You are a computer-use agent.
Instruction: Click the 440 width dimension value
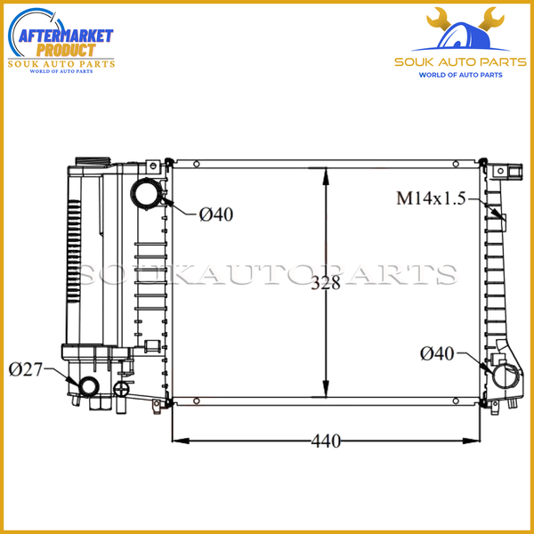click(326, 441)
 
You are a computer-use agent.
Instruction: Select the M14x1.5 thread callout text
click(431, 198)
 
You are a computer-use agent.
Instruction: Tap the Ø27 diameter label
click(26, 368)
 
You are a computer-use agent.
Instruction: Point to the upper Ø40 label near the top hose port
click(216, 214)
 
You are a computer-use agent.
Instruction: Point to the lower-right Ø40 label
click(437, 354)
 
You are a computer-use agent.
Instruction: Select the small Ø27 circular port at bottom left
click(89, 386)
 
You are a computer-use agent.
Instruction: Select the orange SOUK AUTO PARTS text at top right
click(460, 62)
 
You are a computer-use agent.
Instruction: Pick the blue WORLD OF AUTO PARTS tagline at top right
click(460, 76)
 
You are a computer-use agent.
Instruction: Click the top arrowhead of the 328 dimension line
click(327, 170)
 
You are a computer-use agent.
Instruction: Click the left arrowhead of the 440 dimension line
click(174, 440)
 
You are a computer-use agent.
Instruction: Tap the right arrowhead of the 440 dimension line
click(481, 440)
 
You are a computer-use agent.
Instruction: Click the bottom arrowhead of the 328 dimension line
click(327, 399)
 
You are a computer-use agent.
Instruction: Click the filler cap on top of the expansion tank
click(88, 161)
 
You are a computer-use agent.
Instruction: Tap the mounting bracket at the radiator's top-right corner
click(514, 171)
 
